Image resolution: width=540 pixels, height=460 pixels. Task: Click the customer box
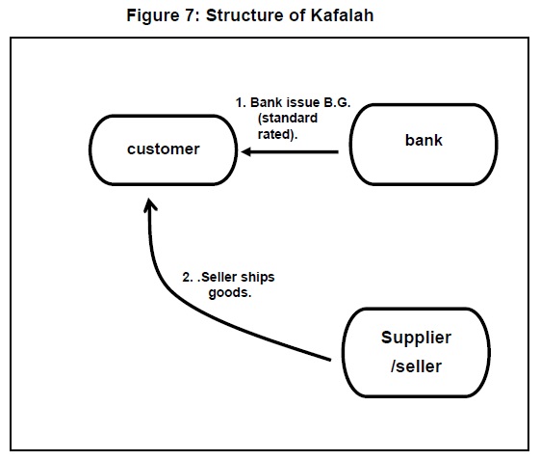pos(164,150)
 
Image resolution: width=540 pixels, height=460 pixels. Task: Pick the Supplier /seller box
pos(415,352)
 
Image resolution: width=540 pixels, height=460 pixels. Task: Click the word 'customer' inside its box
pos(164,149)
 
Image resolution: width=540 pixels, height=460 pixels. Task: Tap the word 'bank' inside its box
pos(424,140)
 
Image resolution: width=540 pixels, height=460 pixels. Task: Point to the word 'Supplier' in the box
pos(416,338)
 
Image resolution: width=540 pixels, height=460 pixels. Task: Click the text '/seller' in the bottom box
pos(416,367)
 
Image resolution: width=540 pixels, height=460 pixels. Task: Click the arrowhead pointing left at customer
pos(248,151)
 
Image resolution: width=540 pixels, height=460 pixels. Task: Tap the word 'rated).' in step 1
pos(278,134)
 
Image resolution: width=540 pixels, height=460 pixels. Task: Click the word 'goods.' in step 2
pos(230,292)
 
